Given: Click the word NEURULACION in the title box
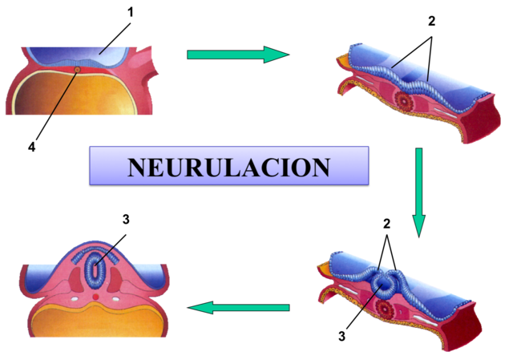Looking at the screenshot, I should [x=228, y=167].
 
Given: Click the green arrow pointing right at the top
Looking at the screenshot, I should [x=236, y=55].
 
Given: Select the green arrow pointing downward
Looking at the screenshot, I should [x=418, y=192].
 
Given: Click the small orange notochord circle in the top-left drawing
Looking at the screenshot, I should [x=76, y=71].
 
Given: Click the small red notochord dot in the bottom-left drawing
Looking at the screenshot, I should [x=96, y=297].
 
